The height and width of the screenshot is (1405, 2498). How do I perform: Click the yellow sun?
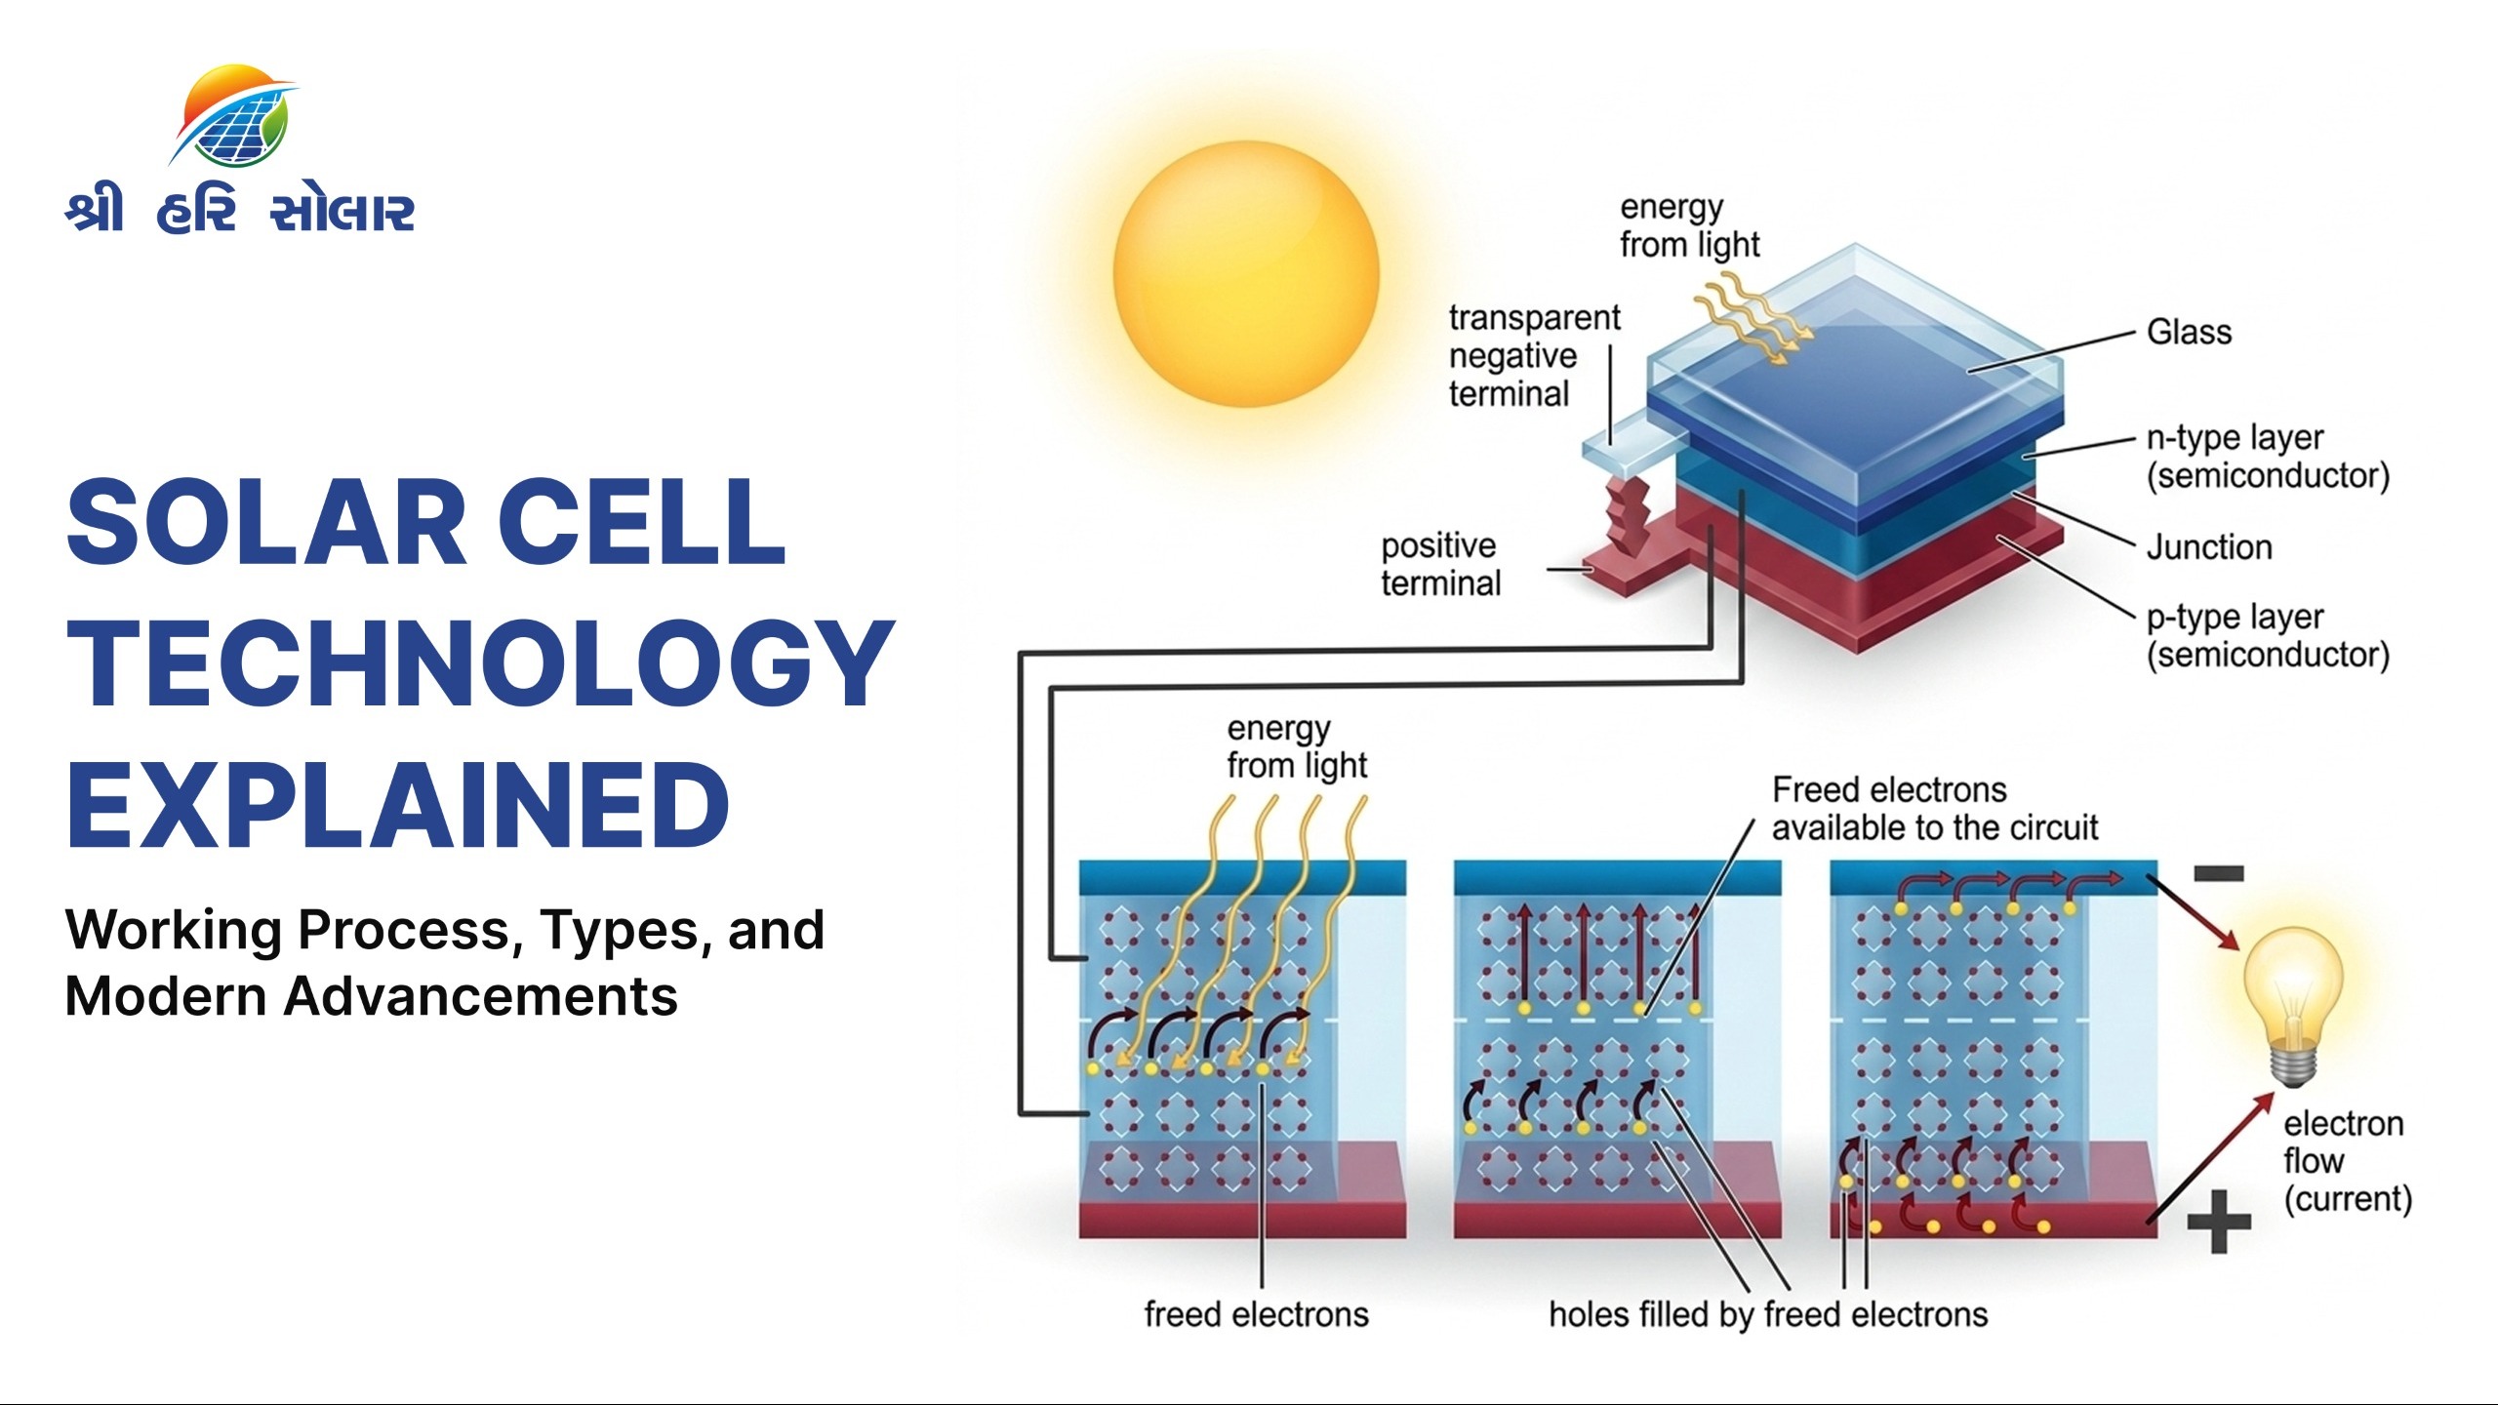pyautogui.click(x=1246, y=273)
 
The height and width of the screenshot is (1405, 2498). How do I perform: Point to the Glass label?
pyautogui.click(x=2189, y=333)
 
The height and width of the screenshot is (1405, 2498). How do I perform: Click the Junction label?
pyautogui.click(x=2209, y=547)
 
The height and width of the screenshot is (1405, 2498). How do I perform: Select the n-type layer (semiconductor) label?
pyautogui.click(x=2267, y=457)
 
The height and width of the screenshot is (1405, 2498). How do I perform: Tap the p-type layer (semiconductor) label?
pyautogui.click(x=2267, y=636)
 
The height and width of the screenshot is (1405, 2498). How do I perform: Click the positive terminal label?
pyautogui.click(x=1440, y=564)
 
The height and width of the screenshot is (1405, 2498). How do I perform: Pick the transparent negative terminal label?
pyautogui.click(x=1533, y=356)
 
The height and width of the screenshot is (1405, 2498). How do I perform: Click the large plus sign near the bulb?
pyautogui.click(x=2219, y=1221)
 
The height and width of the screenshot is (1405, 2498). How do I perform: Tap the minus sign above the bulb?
pyautogui.click(x=2218, y=873)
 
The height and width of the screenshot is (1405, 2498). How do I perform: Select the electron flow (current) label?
pyautogui.click(x=2346, y=1161)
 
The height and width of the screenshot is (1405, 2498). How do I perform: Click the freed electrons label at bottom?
pyautogui.click(x=1256, y=1314)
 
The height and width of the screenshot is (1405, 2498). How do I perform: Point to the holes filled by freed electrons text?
pyautogui.click(x=1767, y=1314)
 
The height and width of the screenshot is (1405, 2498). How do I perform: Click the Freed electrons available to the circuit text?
pyautogui.click(x=1934, y=809)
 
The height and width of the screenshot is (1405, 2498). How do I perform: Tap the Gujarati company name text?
pyautogui.click(x=240, y=212)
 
